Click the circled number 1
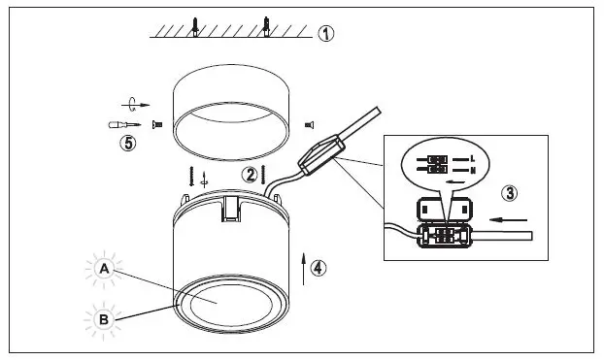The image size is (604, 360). [x=326, y=33]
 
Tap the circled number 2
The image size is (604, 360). [x=251, y=175]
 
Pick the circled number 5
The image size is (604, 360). [x=124, y=143]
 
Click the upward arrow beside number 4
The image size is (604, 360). [x=304, y=265]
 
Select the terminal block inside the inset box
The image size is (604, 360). [x=443, y=234]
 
